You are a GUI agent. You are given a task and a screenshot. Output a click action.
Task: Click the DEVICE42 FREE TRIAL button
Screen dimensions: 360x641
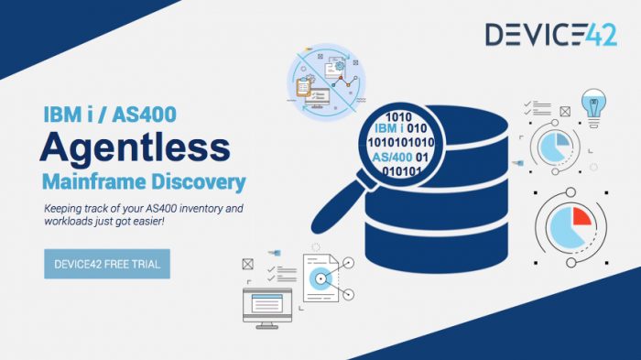click(107, 264)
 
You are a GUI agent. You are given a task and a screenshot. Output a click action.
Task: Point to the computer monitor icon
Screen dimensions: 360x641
click(266, 304)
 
